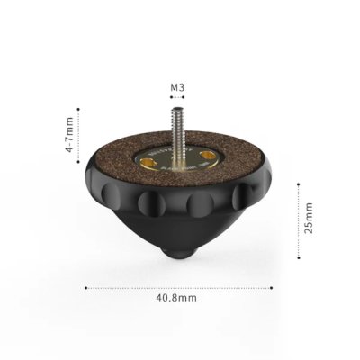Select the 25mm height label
[309, 218]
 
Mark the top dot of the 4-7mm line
[80, 111]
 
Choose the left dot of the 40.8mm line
[85, 288]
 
